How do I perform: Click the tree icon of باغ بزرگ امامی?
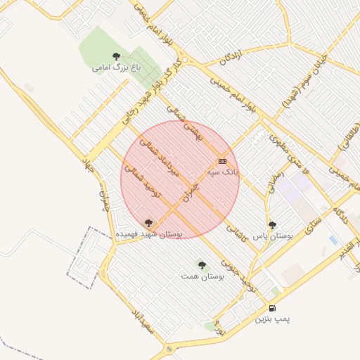(116, 56)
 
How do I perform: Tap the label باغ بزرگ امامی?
(116, 68)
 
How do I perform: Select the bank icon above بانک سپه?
(223, 161)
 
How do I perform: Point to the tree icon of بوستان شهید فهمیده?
(148, 222)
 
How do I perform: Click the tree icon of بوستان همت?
(202, 265)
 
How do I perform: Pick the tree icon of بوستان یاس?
(272, 225)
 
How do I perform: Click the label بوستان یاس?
(271, 236)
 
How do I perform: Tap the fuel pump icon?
(272, 308)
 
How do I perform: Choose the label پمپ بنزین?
(272, 319)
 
